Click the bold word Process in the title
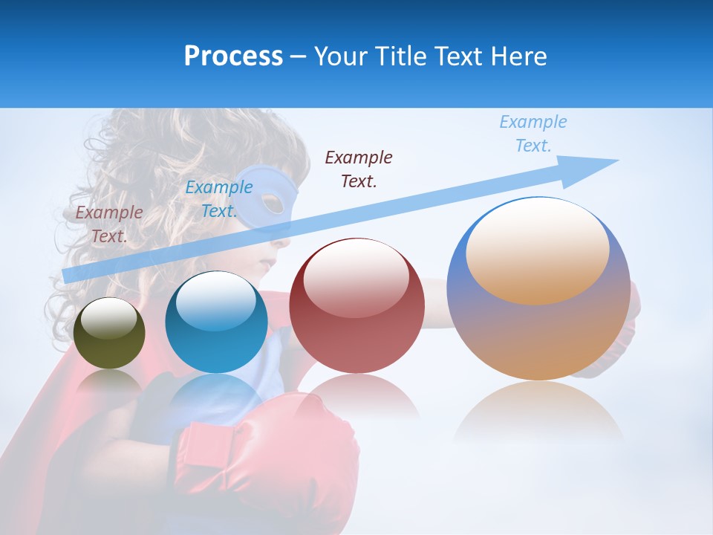233,56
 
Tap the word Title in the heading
402,56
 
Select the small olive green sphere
109,333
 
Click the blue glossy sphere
216,322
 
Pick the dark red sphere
356,306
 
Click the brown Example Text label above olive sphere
109,224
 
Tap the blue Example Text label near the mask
218,198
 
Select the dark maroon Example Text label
359,169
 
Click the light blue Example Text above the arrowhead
533,133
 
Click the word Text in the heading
460,56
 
